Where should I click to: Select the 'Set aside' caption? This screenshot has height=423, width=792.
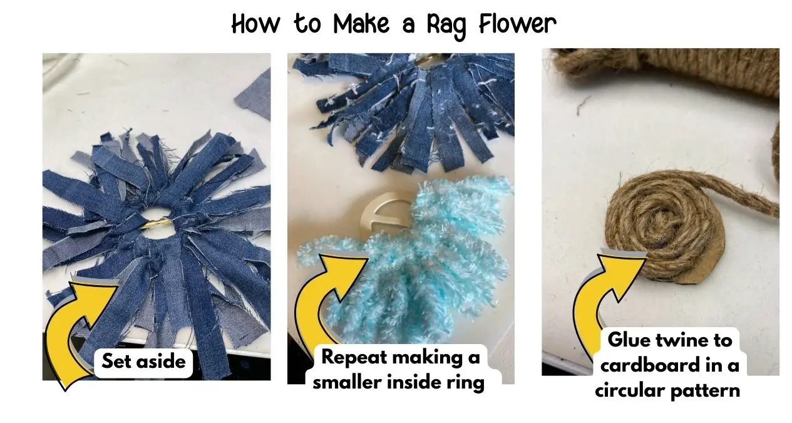pyautogui.click(x=143, y=362)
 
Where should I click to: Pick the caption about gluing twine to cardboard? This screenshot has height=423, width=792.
pyautogui.click(x=668, y=365)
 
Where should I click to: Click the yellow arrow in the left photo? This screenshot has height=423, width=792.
pyautogui.click(x=78, y=326)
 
